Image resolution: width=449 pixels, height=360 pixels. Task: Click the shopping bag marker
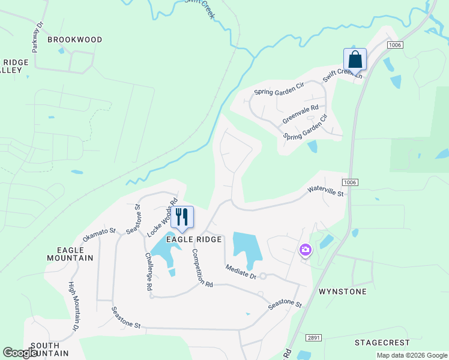355,60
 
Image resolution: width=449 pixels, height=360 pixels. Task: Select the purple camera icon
306,250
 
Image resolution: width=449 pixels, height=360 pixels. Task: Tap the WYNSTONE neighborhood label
342,292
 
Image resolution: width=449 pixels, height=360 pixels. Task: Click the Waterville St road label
325,191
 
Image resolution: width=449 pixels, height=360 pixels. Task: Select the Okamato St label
99,235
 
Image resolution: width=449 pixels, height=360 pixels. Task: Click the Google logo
21,353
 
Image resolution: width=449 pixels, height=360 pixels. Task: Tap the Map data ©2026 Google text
412,355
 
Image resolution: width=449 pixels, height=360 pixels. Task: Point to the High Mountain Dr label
73,306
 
